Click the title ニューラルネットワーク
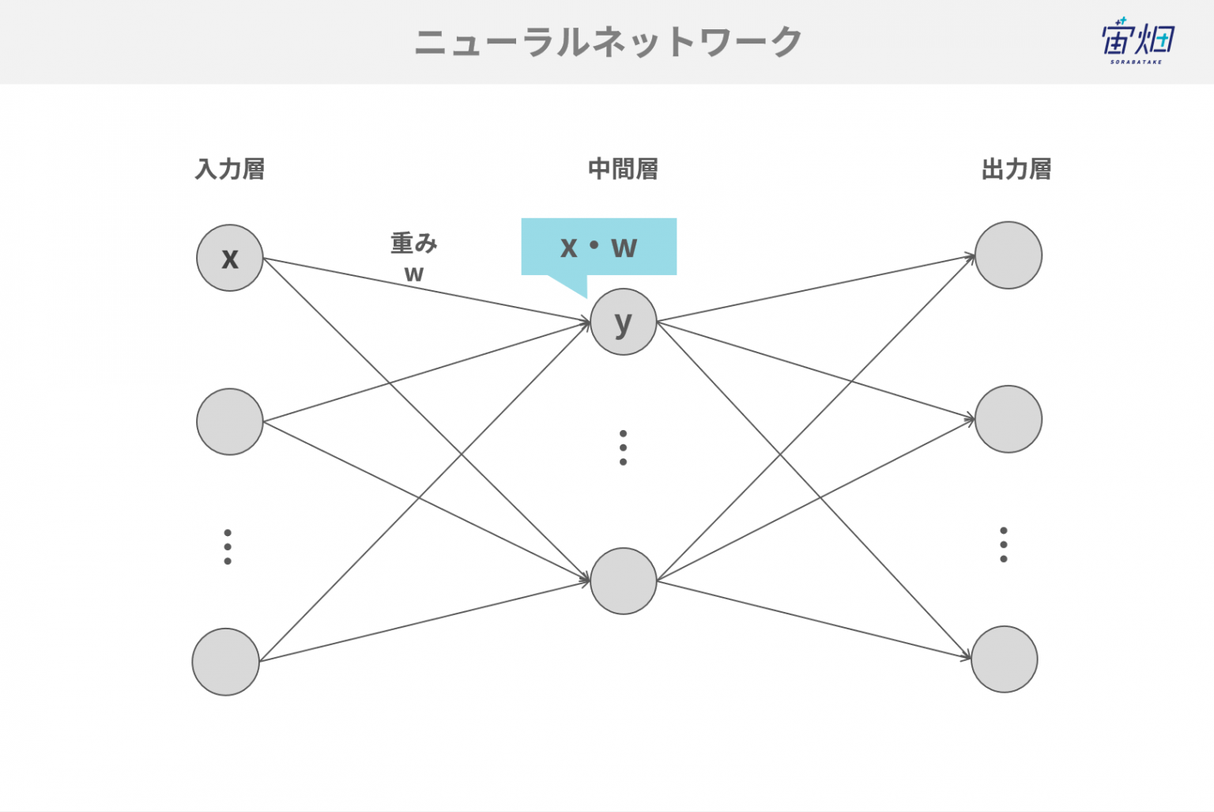pos(608,43)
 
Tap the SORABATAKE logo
pos(1137,41)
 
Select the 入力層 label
pos(230,169)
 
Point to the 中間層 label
pos(624,169)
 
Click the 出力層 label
pos(1016,169)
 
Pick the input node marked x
pos(230,258)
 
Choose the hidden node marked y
pos(624,322)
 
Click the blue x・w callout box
pos(599,247)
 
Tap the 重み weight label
pos(414,243)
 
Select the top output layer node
pos(1008,255)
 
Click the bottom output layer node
pos(1005,659)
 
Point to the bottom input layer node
pos(225,662)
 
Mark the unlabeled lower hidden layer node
pos(624,581)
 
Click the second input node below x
pos(230,421)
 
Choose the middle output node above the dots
pos(1008,419)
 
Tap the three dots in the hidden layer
pos(624,448)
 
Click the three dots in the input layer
pos(228,547)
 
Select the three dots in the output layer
pos(1004,545)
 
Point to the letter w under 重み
pos(414,274)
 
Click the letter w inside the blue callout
pos(624,247)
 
